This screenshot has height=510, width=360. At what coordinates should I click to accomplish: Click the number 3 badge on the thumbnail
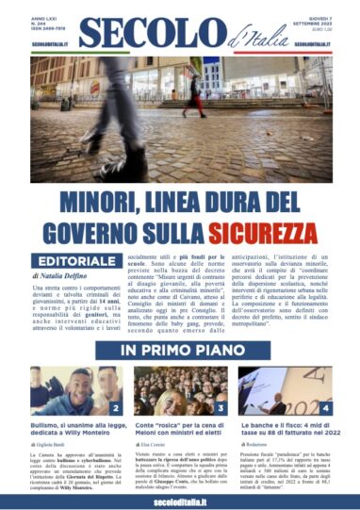217,408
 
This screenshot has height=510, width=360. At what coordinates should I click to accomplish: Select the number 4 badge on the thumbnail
323,408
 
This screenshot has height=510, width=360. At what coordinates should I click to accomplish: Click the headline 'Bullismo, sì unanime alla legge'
74,430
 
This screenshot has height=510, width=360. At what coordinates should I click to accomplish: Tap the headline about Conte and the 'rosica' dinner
179,430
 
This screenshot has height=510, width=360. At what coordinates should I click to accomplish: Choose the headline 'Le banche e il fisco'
286,430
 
